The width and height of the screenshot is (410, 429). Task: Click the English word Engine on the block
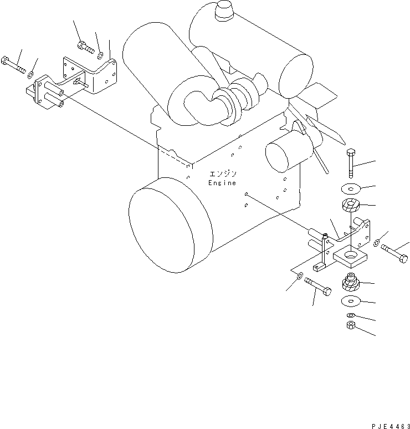click(222, 183)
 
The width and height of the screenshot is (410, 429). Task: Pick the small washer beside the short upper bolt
click(100, 55)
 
